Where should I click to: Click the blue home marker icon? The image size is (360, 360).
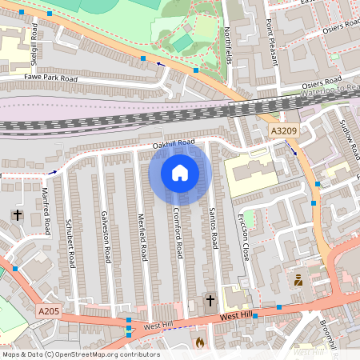(180, 172)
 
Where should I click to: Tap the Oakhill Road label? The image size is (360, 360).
(174, 144)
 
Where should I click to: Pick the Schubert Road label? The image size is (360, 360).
(70, 242)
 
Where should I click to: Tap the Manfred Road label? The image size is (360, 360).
(46, 211)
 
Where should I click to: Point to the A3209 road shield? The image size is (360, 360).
(283, 131)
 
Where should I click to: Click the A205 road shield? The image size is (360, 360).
(48, 311)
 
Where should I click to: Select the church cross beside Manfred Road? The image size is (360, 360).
(18, 215)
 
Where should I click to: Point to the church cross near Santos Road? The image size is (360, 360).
(210, 301)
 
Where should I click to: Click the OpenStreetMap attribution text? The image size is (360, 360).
(81, 354)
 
